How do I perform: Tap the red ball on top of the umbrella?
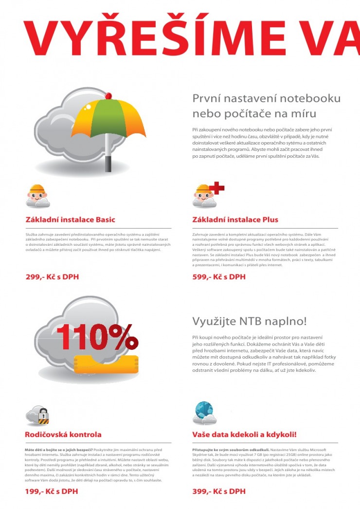coord(108,95)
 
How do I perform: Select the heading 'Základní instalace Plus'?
coord(235,219)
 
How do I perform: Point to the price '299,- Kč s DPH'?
coord(52,277)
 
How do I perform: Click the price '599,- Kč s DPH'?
coord(219,277)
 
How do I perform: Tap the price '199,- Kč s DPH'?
coord(52,491)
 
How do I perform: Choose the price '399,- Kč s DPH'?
coord(219,491)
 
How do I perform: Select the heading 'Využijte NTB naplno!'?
coord(250,322)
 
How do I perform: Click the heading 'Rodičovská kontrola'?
coord(63,434)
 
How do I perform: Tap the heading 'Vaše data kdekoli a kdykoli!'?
coord(244,434)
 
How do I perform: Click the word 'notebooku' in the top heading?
coord(314,99)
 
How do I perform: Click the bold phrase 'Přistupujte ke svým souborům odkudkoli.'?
coord(224,450)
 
